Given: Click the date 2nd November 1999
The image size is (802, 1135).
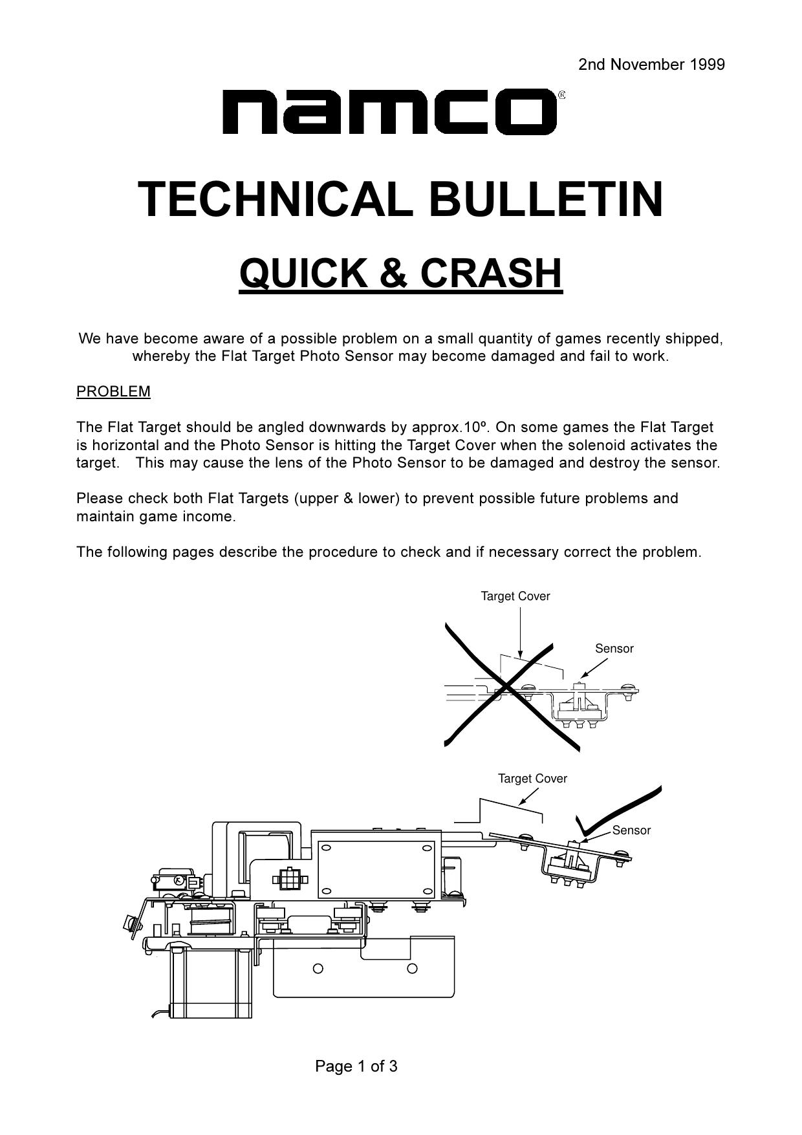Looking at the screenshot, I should pos(651,65).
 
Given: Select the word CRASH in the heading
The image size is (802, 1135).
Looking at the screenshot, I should pos(491,273).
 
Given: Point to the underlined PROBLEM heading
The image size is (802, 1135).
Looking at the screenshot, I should pos(113,391).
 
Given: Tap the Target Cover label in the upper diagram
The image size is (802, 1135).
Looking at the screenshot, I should pos(515,596).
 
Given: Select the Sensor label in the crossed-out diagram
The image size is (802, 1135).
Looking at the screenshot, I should pos(614,649).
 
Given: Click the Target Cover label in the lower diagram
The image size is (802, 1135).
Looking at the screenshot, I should pos(532,779).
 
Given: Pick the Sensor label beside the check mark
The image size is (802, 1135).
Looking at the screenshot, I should pos(631,830).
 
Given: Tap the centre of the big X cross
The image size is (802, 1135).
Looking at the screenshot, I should pos(508,689).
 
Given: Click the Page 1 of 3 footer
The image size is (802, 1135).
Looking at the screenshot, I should pos(356,1066).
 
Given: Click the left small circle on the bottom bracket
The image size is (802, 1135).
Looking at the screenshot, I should pos(318,968).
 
